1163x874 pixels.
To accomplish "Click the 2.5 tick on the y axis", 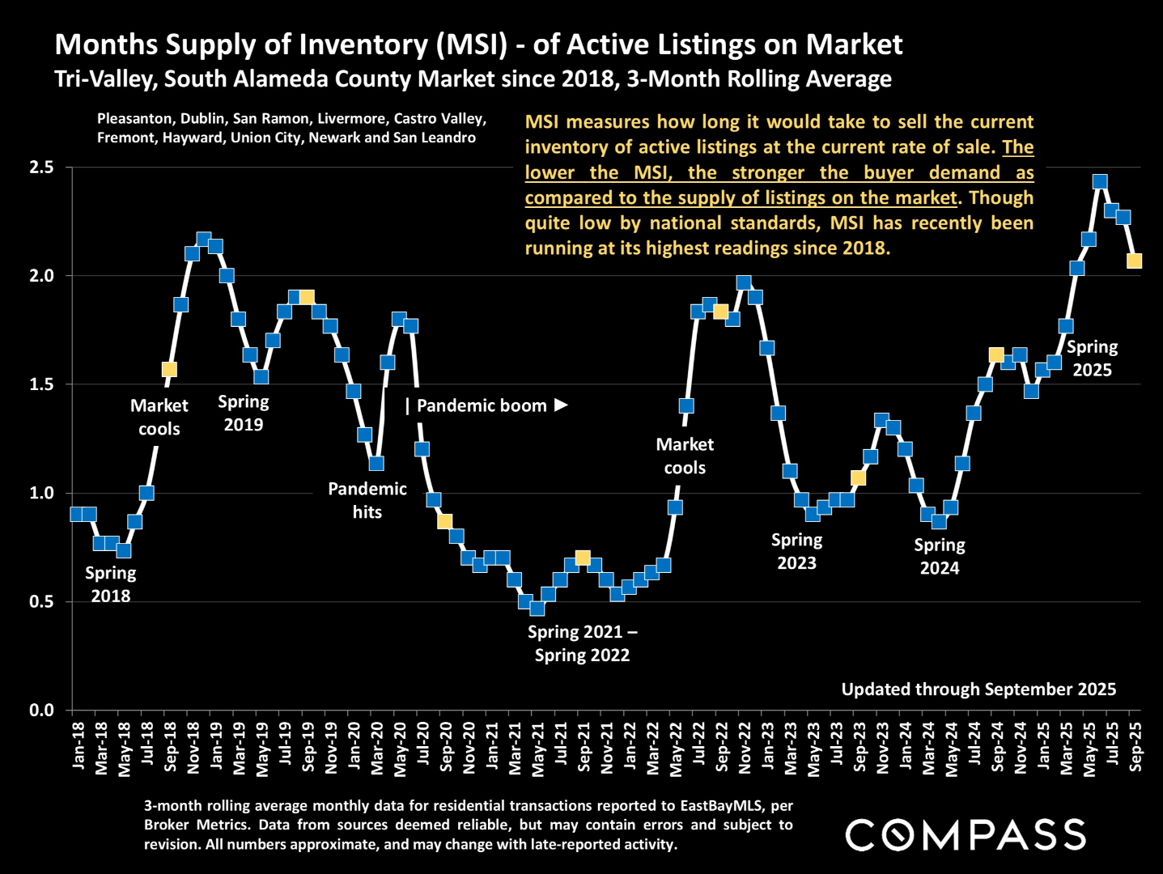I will [x=41, y=168].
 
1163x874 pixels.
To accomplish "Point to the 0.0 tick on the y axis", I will [x=41, y=710].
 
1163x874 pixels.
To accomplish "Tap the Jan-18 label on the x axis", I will [x=78, y=746].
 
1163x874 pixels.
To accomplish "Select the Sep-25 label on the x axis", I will [x=1135, y=746].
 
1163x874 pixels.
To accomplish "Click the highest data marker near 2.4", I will [x=1100, y=182].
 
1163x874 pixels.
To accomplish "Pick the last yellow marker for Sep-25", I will [x=1135, y=261].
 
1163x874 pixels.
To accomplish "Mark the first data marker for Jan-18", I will [x=77, y=514].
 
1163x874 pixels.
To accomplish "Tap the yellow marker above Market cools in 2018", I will [x=169, y=369].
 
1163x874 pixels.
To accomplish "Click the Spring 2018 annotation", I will [x=111, y=584].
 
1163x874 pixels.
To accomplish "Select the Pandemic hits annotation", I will [x=367, y=500].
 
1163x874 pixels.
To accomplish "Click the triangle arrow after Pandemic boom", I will [x=562, y=405].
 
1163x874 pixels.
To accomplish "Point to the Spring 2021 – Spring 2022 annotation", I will [x=582, y=643].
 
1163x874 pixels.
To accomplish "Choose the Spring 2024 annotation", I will [x=940, y=556].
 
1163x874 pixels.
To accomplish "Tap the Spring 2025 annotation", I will [x=1092, y=359].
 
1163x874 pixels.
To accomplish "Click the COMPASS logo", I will [x=966, y=834].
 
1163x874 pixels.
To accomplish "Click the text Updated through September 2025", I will [x=978, y=689].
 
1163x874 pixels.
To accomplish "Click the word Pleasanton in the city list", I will [x=134, y=119].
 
